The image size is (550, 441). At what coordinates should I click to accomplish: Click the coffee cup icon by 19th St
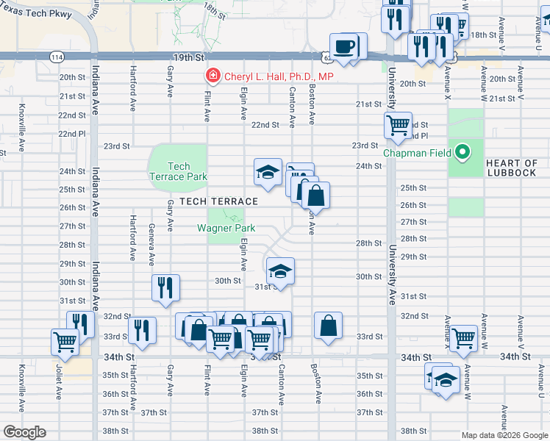[344, 48]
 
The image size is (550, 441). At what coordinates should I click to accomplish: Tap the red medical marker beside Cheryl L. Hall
[213, 76]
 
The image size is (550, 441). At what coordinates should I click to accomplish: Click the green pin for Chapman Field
[462, 153]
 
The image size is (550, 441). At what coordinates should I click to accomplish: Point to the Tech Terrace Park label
[178, 171]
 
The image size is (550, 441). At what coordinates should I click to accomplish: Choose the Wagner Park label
[225, 228]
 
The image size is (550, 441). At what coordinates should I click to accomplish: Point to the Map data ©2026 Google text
[504, 435]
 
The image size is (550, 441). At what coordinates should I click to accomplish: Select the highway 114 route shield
[57, 57]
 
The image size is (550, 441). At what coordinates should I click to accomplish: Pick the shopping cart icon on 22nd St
[398, 124]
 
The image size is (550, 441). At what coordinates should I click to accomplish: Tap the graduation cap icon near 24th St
[268, 173]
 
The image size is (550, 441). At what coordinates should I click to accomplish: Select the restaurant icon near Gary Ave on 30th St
[165, 289]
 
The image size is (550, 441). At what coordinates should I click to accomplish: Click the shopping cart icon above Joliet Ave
[65, 342]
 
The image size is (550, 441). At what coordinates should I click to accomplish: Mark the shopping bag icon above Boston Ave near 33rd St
[328, 325]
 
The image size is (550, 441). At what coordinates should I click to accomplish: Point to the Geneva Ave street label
[151, 245]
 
